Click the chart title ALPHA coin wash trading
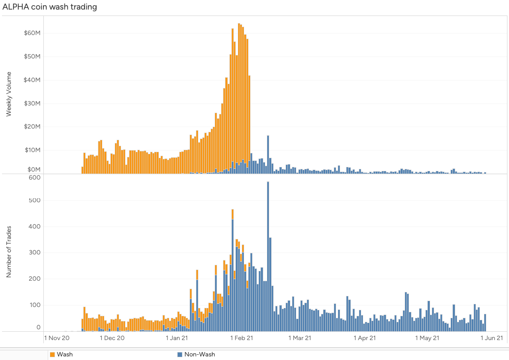pyautogui.click(x=50, y=7)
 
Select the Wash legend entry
pyautogui.click(x=65, y=354)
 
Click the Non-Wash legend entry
pyautogui.click(x=199, y=354)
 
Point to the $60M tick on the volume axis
pyautogui.click(x=32, y=33)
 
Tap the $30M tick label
pyautogui.click(x=32, y=104)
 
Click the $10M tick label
pyautogui.click(x=32, y=150)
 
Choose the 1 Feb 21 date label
pyautogui.click(x=242, y=338)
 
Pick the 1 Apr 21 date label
pyautogui.click(x=365, y=338)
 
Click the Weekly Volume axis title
pyautogui.click(x=9, y=94)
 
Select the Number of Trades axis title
pyautogui.click(x=9, y=251)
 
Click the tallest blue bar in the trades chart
pyautogui.click(x=268, y=255)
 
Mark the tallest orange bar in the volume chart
pyautogui.click(x=239, y=96)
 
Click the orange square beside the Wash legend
pyautogui.click(x=52, y=354)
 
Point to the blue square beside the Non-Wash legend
pyautogui.click(x=180, y=354)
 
